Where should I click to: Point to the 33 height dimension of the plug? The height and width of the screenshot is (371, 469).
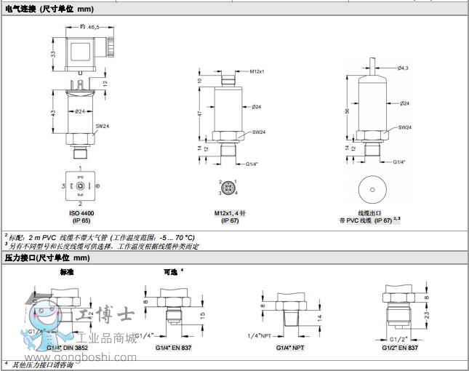pos(54,55)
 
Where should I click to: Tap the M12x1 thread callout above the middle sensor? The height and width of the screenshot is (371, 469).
pos(256,71)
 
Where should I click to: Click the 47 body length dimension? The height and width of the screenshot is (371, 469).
pos(200,114)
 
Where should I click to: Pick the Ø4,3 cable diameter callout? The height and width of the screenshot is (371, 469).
pos(403,68)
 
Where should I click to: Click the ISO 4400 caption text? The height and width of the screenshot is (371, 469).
pos(81,213)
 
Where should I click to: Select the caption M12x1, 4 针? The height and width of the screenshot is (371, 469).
pos(230,213)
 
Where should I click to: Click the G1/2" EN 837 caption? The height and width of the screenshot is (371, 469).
pos(400,348)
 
